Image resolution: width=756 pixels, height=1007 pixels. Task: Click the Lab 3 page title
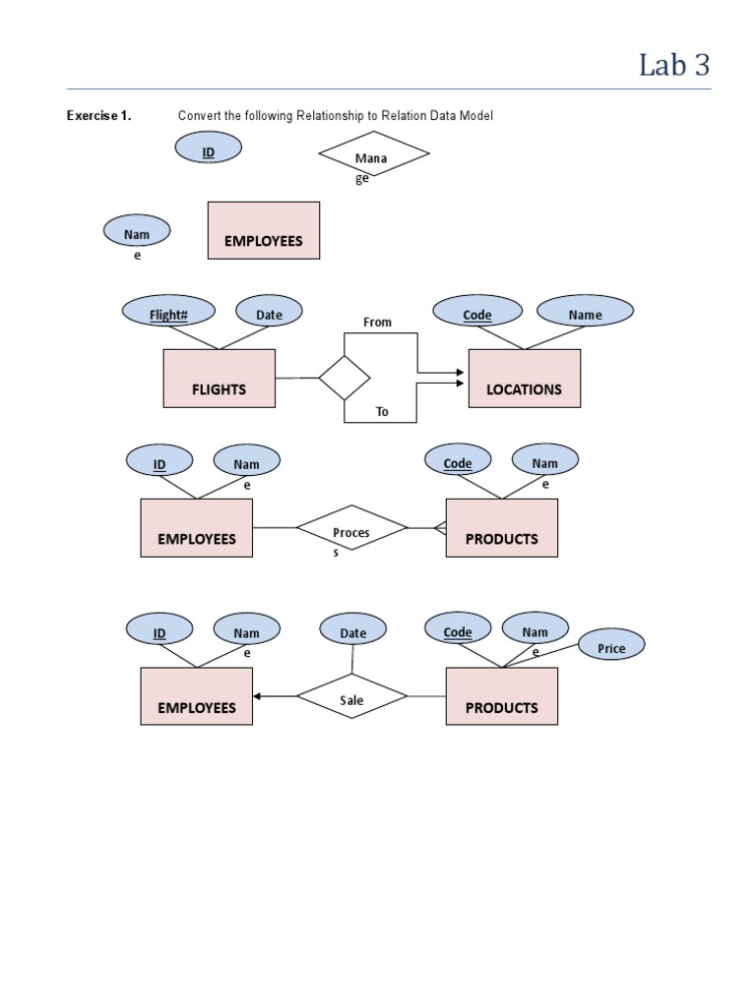673,65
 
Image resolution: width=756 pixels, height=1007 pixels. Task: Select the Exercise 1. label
98,116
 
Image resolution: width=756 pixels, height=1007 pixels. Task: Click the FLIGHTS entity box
219,379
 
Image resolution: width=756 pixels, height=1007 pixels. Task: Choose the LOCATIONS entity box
524,379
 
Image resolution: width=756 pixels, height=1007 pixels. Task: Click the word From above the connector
377,322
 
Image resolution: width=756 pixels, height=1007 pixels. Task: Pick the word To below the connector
382,412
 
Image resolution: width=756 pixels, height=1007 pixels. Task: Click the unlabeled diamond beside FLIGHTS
345,378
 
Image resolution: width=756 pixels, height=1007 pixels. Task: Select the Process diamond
351,531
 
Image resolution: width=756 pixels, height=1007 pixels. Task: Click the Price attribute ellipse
611,647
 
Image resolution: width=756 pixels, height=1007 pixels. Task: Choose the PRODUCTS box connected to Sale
501,697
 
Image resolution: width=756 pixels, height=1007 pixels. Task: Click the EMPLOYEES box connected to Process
196,528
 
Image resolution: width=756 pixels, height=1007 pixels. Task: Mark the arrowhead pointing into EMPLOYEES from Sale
258,697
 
